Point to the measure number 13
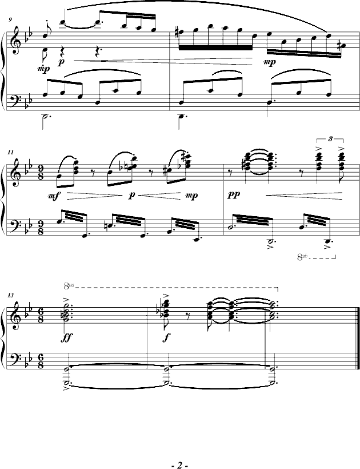[10, 295]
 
